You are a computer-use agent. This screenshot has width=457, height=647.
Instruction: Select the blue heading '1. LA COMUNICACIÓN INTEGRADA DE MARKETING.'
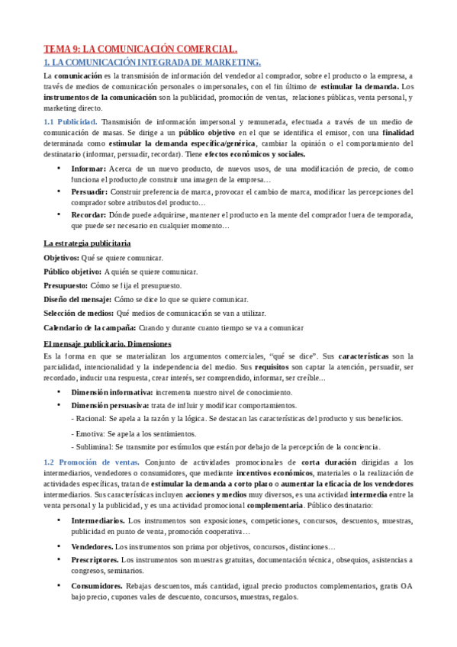[152, 62]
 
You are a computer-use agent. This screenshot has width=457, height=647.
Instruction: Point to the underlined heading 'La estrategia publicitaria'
[87, 243]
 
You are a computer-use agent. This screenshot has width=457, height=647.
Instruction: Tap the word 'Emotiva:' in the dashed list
[90, 433]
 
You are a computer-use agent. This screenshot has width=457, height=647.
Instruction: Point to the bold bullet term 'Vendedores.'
[92, 547]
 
